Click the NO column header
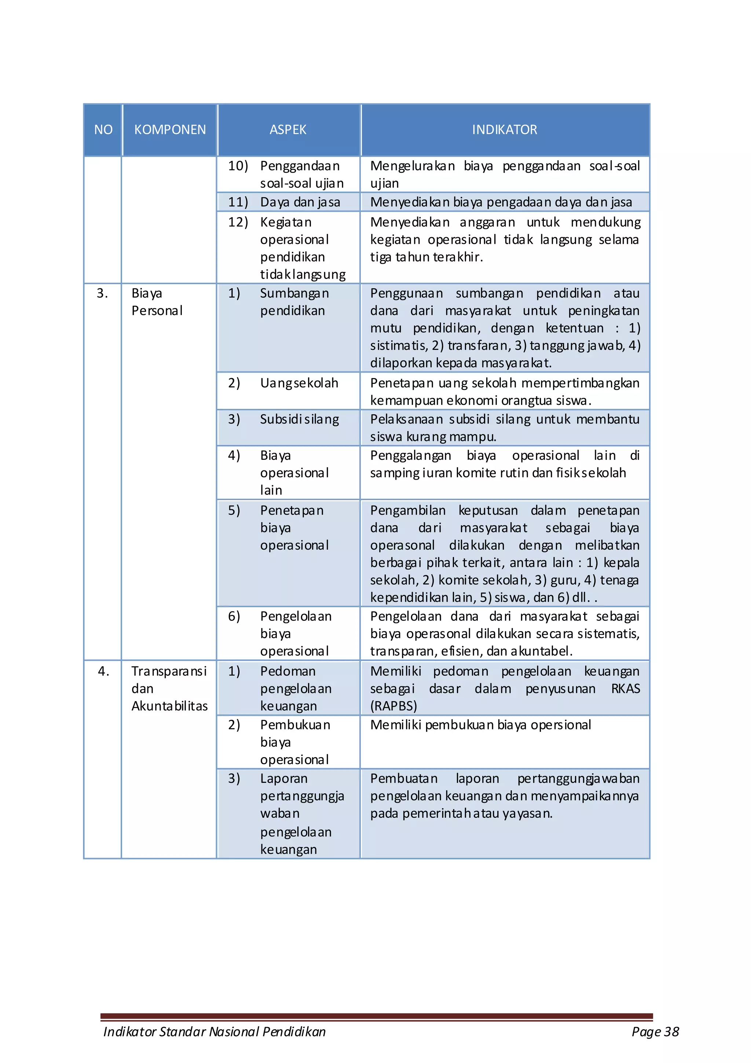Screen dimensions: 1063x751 [x=103, y=130]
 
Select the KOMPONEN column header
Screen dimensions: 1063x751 [x=170, y=130]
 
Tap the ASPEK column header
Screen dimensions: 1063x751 [x=287, y=130]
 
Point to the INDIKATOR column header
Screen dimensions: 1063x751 [x=504, y=130]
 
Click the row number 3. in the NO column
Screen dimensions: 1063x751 [x=102, y=293]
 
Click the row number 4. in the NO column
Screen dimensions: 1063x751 [x=103, y=671]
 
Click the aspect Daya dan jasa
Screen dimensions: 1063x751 [x=300, y=202]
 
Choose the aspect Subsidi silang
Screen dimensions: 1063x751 [x=299, y=419]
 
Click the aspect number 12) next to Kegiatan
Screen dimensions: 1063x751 [x=238, y=222]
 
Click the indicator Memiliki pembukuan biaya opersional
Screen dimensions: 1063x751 [x=480, y=725]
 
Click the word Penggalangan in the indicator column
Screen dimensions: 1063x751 [x=410, y=455]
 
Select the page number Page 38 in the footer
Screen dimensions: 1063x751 [x=655, y=1031]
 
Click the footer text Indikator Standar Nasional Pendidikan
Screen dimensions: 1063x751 [x=215, y=1031]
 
